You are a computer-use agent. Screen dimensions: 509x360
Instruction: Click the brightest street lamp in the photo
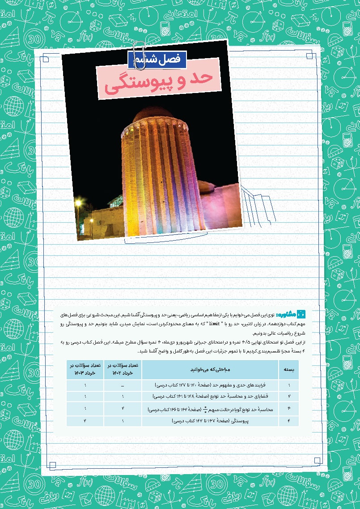tap(78, 203)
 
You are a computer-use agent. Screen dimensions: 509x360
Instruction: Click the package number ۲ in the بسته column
tap(289, 396)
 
